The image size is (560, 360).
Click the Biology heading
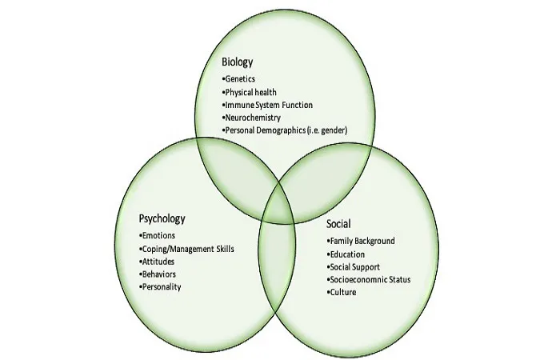click(237, 62)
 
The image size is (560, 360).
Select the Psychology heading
click(162, 218)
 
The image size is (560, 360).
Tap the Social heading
click(338, 224)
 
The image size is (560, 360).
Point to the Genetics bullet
click(238, 79)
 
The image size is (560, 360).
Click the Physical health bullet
click(249, 93)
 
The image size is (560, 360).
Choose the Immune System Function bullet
click(267, 105)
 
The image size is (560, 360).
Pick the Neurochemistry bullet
click(251, 118)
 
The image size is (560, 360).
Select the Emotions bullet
click(157, 236)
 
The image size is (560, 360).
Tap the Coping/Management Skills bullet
click(186, 249)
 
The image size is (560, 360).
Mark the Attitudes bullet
click(157, 262)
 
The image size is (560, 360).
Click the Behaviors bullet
click(158, 274)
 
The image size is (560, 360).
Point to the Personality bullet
click(160, 287)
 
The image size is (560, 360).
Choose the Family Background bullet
click(361, 241)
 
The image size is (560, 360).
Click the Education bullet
click(346, 254)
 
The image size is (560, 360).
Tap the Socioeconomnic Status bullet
click(369, 280)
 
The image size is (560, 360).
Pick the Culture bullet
click(342, 292)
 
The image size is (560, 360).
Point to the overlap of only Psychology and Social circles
click(277, 257)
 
